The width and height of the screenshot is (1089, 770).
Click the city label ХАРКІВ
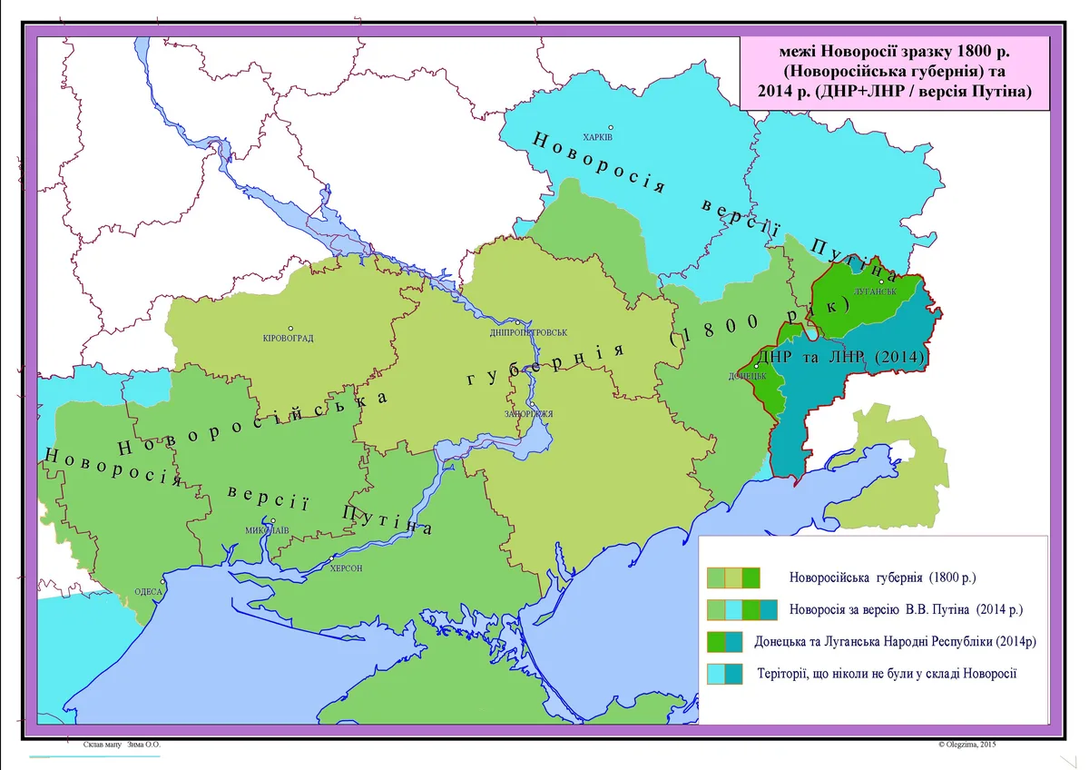pos(599,137)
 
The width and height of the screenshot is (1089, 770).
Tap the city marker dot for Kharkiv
pos(612,127)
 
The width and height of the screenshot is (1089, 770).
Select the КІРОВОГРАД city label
pos(288,339)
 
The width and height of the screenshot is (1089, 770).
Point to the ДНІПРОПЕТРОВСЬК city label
pos(529,332)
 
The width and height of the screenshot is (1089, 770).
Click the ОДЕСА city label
pos(147,591)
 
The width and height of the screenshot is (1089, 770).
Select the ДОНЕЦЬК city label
pos(748,376)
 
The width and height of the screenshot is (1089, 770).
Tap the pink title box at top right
pos(894,72)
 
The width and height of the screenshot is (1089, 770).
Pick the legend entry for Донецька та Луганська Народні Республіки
pos(895,642)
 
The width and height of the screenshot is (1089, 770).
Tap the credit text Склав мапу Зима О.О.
pos(121,745)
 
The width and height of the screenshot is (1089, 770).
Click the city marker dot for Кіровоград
pos(290,328)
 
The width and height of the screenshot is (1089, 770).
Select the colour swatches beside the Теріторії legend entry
pos(724,674)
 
